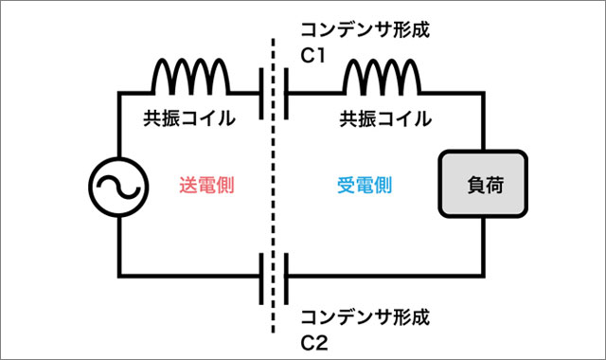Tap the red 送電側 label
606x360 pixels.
(206, 186)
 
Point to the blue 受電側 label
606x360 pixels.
(365, 186)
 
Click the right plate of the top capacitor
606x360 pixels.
(286, 95)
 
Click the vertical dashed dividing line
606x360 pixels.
(275, 189)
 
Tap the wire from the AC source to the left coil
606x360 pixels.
(118, 123)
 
